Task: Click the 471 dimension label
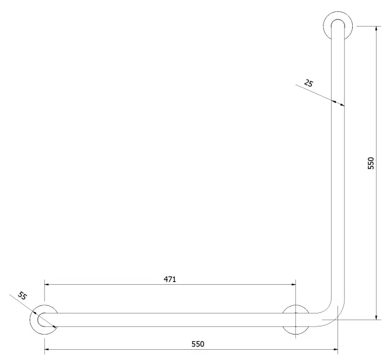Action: click(170, 279)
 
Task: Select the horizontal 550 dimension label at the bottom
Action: click(198, 344)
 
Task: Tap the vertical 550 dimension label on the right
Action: click(371, 163)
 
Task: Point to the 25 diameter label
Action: click(309, 83)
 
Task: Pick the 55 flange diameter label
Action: click(22, 296)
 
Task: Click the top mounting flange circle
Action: click(323, 26)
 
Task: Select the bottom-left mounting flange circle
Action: click(30, 319)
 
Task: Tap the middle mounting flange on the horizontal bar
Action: click(296, 305)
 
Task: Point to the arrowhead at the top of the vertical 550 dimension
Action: click(377, 28)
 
